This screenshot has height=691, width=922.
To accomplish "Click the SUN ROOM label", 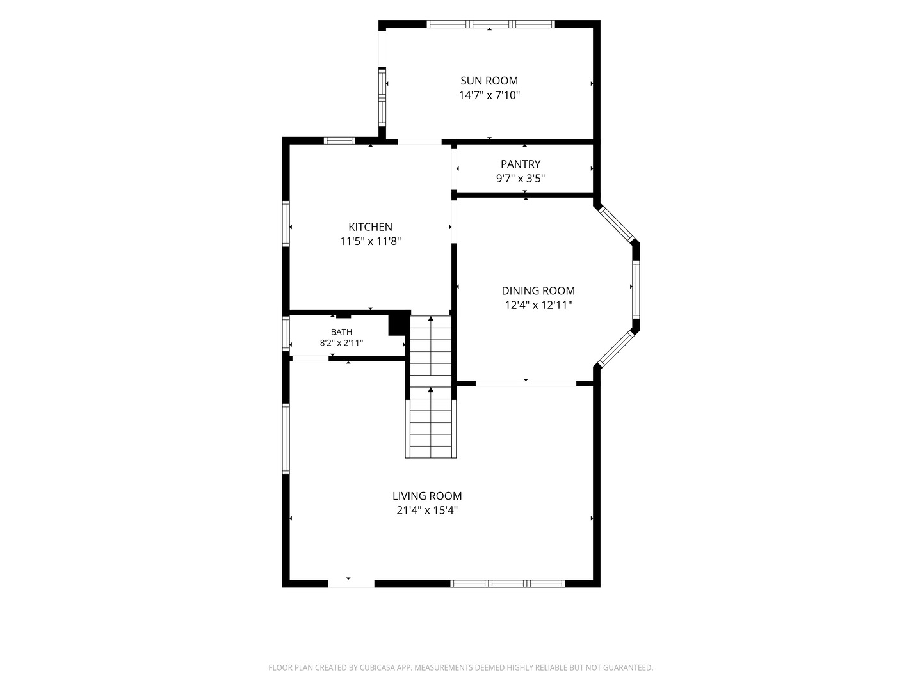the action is click(x=489, y=81).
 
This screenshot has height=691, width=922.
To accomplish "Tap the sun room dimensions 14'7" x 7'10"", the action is click(x=489, y=95).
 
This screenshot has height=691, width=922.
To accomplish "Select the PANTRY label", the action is click(x=520, y=164).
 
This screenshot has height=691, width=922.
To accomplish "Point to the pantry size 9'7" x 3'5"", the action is click(x=520, y=179).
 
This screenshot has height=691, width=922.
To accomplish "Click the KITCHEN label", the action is click(x=370, y=227).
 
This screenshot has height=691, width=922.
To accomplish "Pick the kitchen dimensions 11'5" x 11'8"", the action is click(x=370, y=242).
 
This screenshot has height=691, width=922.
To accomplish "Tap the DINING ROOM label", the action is click(x=538, y=290).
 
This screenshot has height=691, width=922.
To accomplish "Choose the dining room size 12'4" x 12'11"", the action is click(x=538, y=305).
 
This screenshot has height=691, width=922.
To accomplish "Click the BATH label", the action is click(x=341, y=332).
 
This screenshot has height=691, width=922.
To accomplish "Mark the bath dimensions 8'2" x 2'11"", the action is click(x=341, y=343).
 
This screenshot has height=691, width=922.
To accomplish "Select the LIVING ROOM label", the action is click(x=427, y=496).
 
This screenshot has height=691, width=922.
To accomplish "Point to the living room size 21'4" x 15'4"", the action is click(x=427, y=511).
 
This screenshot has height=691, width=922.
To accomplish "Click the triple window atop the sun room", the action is click(x=490, y=24).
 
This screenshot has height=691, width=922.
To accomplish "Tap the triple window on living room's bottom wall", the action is click(x=507, y=584).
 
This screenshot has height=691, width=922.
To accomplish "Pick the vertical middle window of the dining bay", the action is click(x=636, y=289).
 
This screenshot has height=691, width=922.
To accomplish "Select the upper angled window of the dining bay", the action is click(x=616, y=224).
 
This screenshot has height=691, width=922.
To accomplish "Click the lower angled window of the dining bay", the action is click(x=616, y=349).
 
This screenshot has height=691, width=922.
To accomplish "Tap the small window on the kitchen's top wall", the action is click(x=339, y=141).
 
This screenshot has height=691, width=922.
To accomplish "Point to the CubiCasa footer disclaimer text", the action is click(x=461, y=667).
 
